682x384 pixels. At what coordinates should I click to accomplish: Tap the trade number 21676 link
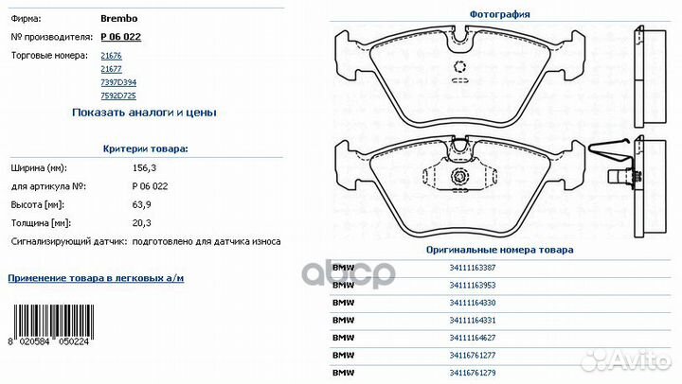point(110,57)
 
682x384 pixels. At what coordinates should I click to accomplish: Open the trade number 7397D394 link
point(117,83)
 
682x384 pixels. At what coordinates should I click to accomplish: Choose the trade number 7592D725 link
point(117,96)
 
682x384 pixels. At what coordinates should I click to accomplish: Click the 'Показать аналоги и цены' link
point(144,113)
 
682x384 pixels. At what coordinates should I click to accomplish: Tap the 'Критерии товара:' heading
point(145,148)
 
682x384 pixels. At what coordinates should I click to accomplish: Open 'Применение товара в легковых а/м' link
point(96,278)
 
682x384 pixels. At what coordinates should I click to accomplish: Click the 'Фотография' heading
point(499,14)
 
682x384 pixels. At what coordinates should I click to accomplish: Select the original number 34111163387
point(473,268)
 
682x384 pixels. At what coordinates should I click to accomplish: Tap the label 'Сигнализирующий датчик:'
point(68,241)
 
